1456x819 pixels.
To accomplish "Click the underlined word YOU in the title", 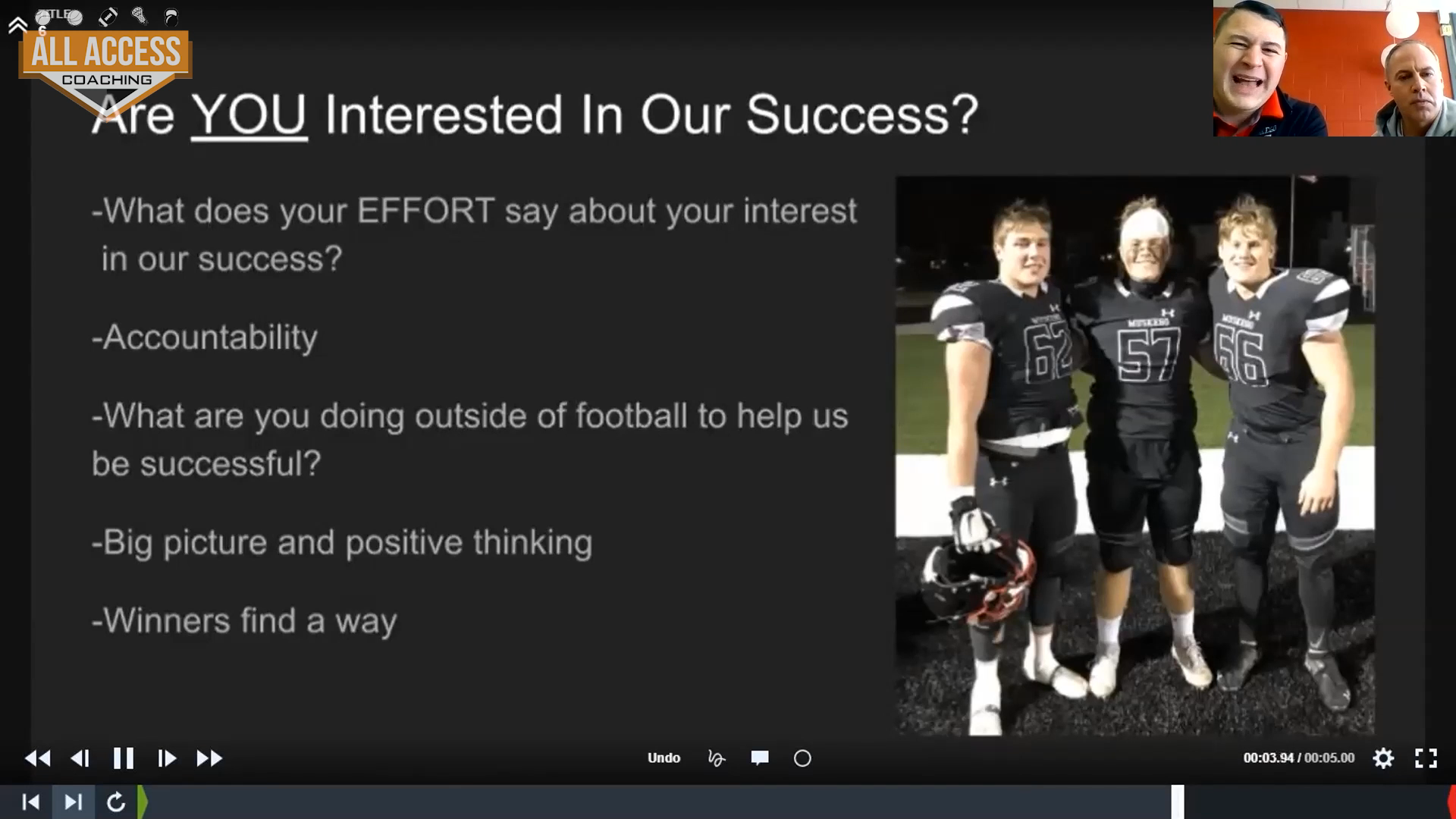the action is [249, 115].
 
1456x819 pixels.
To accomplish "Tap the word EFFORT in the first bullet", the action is [425, 211].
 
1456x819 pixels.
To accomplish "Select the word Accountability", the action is [210, 338].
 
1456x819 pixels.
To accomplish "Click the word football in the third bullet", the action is [631, 416].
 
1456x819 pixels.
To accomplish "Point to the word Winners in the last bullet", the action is [167, 620].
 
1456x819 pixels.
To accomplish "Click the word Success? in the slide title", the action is [862, 115].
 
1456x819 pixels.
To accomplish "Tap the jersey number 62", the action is [1048, 352].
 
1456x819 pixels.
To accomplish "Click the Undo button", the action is [664, 758].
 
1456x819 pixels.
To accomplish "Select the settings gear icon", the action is [1383, 758].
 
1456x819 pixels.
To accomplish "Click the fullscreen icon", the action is [1426, 758].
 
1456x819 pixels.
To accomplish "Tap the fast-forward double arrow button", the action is [209, 758].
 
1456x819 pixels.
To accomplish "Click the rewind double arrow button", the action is [37, 758].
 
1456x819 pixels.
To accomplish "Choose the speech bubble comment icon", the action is [759, 758].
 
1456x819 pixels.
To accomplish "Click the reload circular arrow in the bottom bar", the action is [115, 802].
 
